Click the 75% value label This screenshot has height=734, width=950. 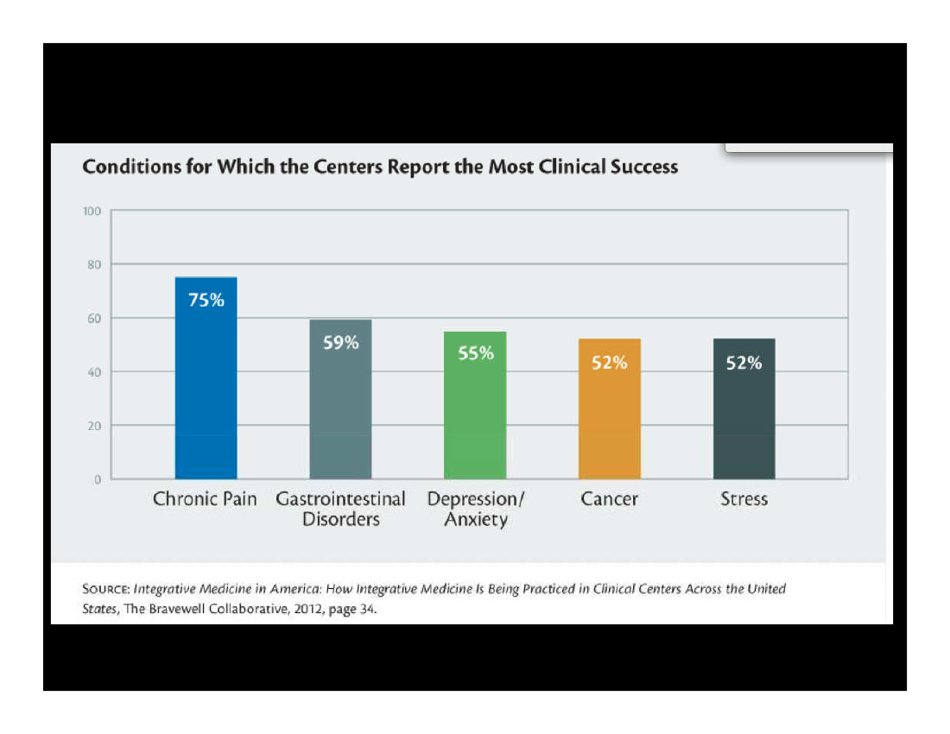tap(206, 301)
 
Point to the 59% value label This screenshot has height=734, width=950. tap(340, 343)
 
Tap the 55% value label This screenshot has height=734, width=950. tap(476, 353)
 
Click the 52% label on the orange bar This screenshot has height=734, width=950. tap(610, 364)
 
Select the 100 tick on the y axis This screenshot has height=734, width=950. tap(92, 211)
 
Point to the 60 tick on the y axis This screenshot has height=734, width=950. tap(94, 318)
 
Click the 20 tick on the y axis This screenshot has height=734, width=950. tap(94, 426)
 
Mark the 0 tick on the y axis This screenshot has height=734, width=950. tap(98, 479)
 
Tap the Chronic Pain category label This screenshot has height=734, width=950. tap(205, 499)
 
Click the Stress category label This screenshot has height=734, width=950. tap(744, 499)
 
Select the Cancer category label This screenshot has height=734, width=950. tap(610, 499)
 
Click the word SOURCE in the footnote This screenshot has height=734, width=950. tap(105, 590)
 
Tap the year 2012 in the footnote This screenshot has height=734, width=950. tap(302, 608)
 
